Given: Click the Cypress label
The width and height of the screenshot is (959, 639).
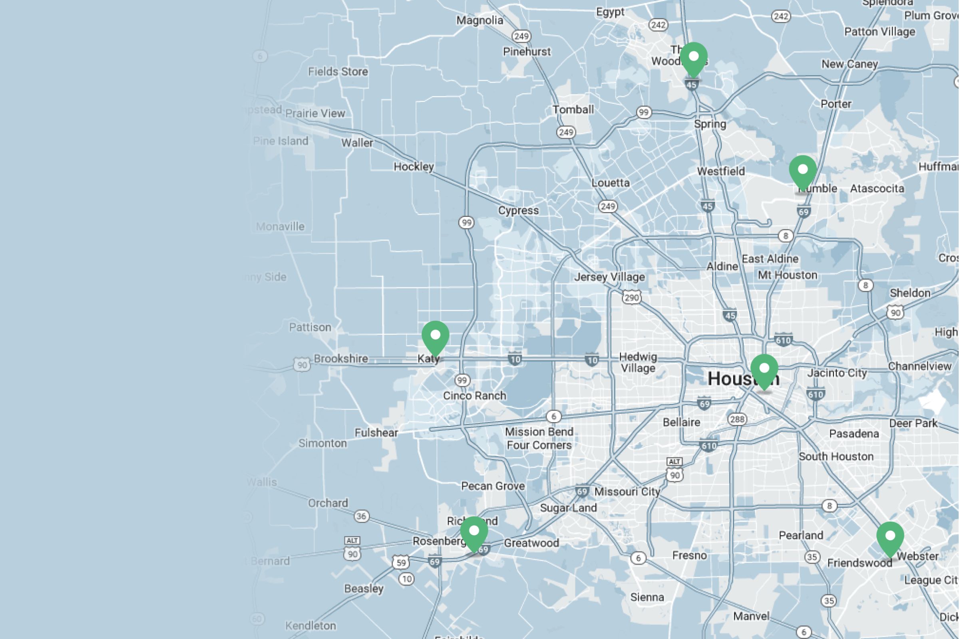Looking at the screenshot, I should [x=518, y=211].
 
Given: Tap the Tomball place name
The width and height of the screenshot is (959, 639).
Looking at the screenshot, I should [x=573, y=109].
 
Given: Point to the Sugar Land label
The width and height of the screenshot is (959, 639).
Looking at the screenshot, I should [x=568, y=508].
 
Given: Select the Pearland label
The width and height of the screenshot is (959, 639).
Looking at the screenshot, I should [x=801, y=535].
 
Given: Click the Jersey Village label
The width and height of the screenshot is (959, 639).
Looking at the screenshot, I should [x=609, y=277].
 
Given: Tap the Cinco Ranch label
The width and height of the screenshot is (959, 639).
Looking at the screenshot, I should [x=474, y=396].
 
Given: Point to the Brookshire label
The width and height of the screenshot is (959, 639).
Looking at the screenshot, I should [x=341, y=359].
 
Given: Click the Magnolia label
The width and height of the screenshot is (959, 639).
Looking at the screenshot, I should [x=479, y=20].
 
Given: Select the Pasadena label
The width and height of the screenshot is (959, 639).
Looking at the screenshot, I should [x=854, y=434].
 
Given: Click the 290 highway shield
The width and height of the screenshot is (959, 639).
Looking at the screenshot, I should [x=631, y=298].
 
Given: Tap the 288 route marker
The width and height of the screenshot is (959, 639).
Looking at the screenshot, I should [x=737, y=419].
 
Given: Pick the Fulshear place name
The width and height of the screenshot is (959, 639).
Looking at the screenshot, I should [x=376, y=433].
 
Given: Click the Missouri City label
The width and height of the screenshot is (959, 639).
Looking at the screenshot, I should [x=627, y=492].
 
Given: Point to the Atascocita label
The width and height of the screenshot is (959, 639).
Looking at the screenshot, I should [x=877, y=188].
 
